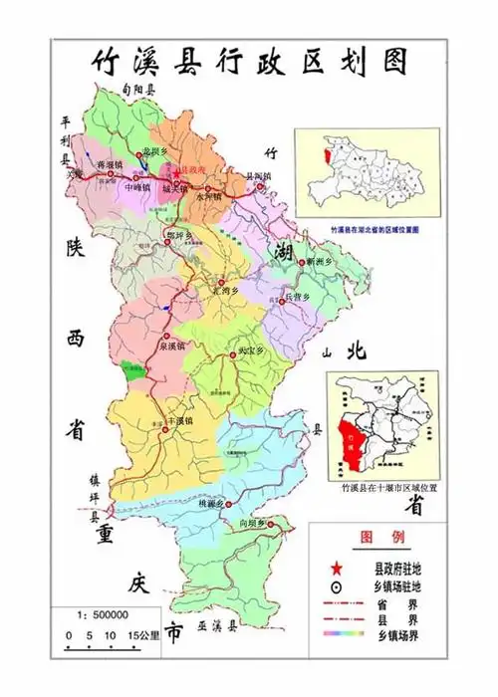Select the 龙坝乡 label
[x=155, y=150]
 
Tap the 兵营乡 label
[x=299, y=297]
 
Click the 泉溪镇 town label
[x=170, y=348]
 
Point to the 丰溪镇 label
[x=179, y=421]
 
